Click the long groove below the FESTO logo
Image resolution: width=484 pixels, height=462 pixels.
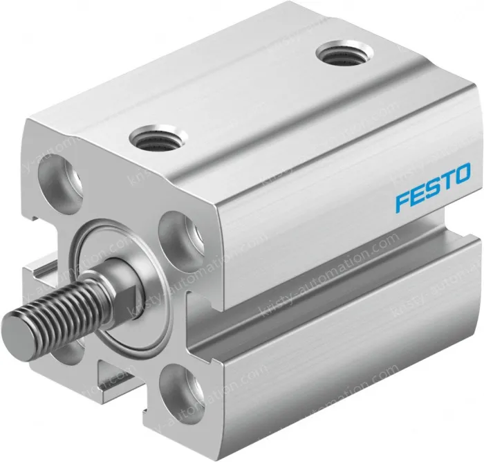pyautogui.click(x=346, y=277)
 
